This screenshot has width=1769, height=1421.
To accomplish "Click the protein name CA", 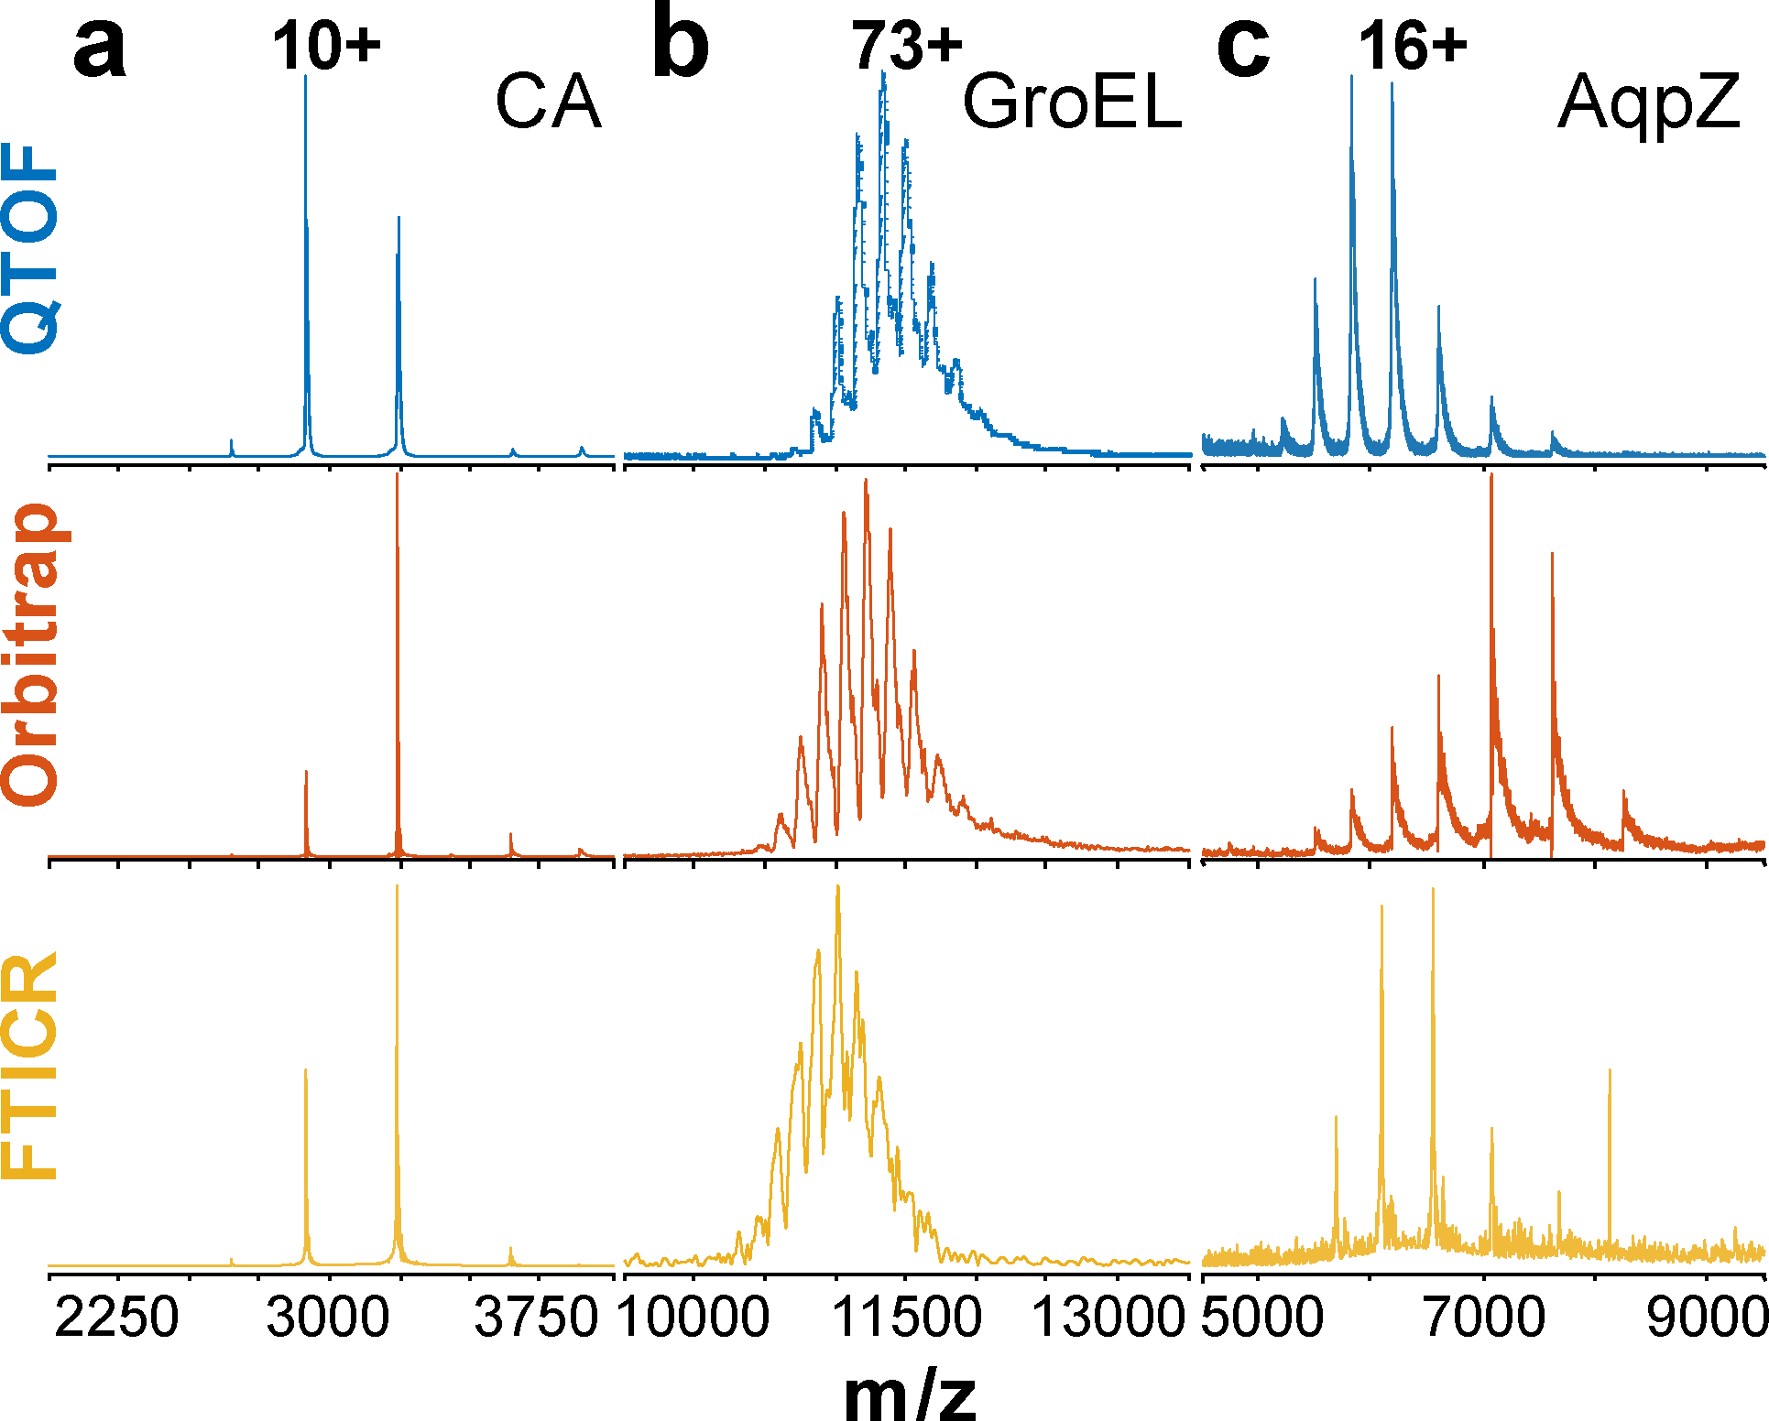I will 548,103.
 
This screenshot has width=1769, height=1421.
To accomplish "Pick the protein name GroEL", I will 1072,103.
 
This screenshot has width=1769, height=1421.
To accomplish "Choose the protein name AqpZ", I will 1648,103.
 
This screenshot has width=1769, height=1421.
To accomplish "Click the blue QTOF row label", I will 31,249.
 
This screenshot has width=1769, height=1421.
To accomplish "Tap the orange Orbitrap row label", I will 31,655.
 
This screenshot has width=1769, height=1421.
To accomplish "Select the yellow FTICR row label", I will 31,1067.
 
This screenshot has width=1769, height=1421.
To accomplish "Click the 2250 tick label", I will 116,1319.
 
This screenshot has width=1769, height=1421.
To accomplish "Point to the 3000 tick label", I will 328,1319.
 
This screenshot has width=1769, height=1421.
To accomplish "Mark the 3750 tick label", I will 537,1319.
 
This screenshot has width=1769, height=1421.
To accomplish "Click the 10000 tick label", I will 693,1319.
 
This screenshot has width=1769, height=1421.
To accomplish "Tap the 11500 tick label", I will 906,1319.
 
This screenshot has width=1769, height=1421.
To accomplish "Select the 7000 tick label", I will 1484,1319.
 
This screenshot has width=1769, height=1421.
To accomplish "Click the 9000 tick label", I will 1706,1319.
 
